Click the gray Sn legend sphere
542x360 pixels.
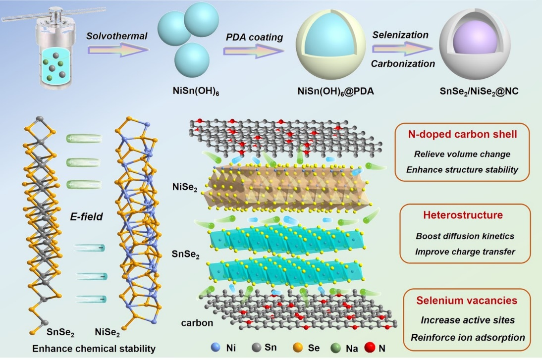pos(256,348)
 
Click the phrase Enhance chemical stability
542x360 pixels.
pos(94,349)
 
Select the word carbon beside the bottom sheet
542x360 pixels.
pos(197,323)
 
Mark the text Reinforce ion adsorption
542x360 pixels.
pos(468,338)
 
